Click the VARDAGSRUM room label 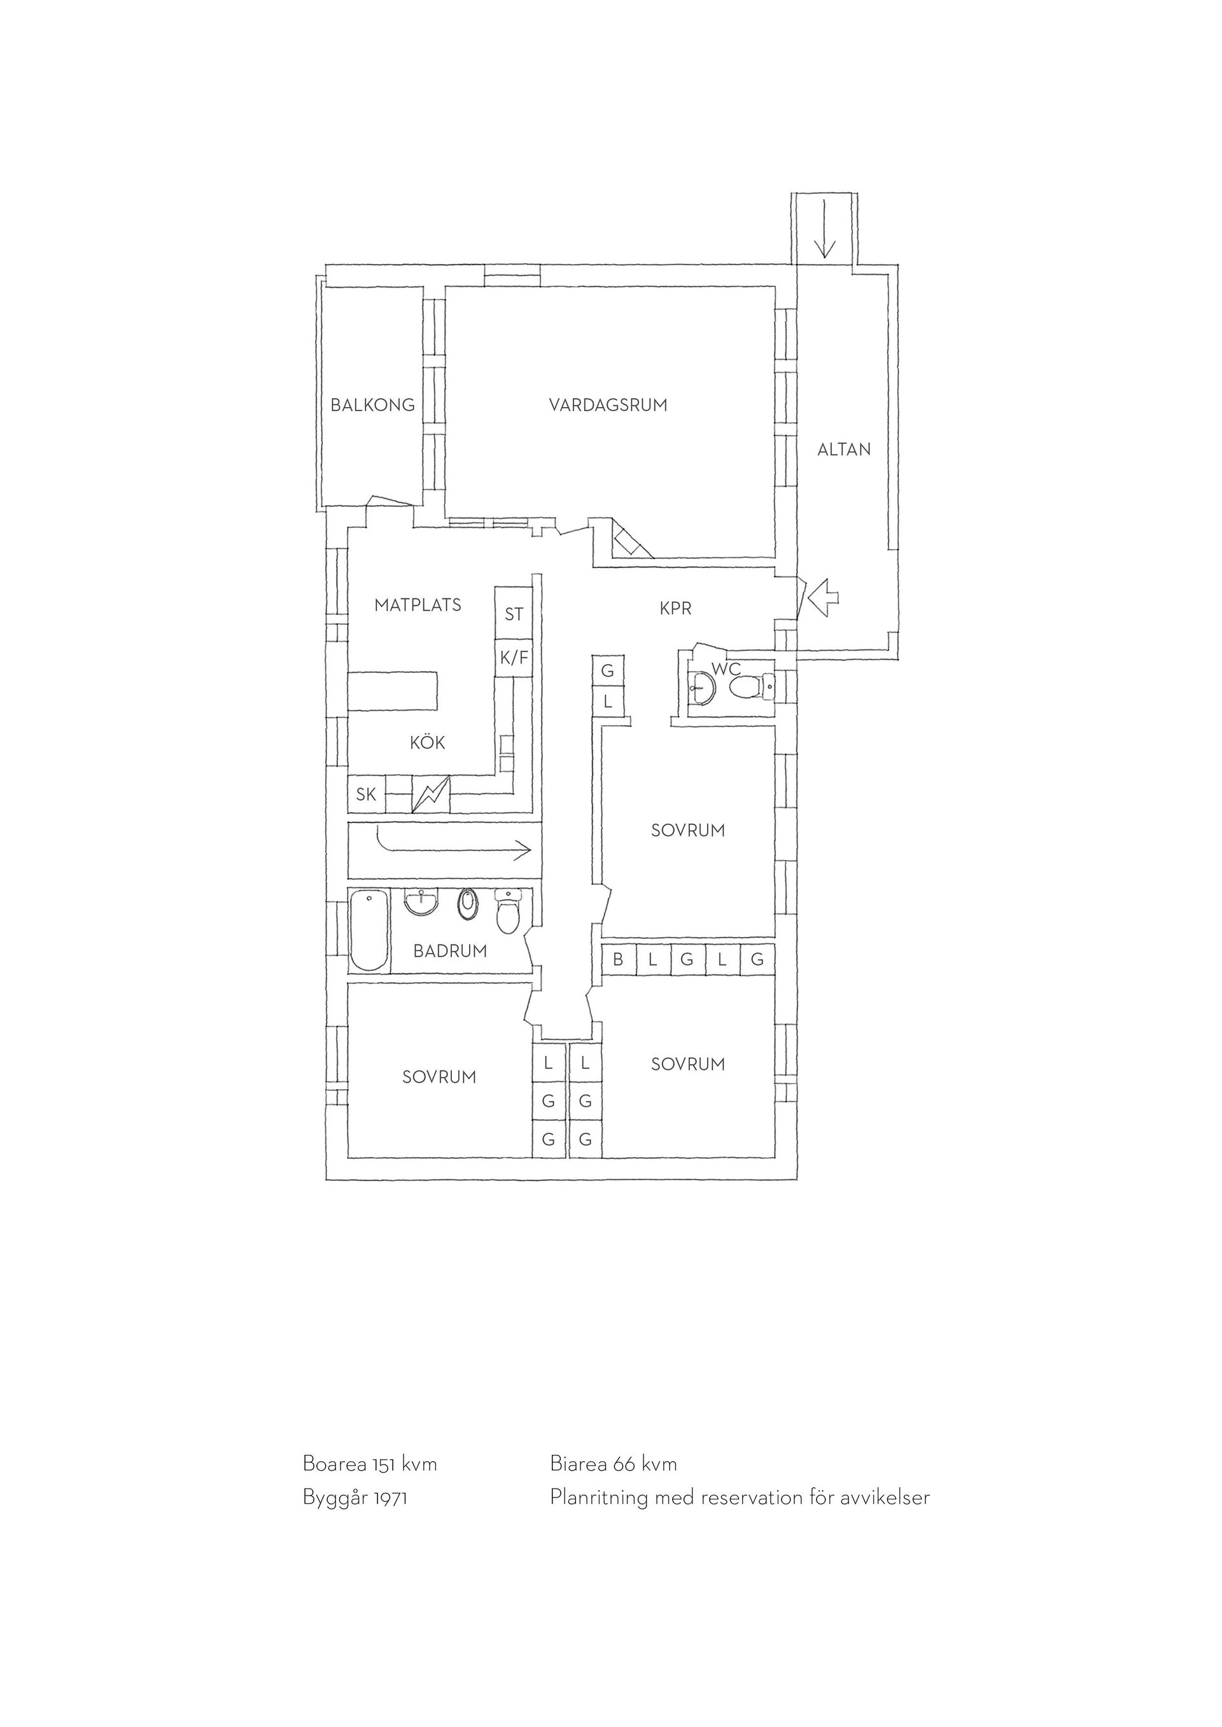(x=608, y=405)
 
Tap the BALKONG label (x=372, y=405)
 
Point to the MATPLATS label (x=418, y=605)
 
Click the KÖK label (x=428, y=742)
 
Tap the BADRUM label (x=450, y=951)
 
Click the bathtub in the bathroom (x=369, y=931)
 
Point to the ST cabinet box (x=513, y=614)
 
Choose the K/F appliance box (x=514, y=658)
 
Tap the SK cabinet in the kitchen (x=367, y=794)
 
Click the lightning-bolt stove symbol (x=431, y=794)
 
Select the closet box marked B (x=619, y=960)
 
